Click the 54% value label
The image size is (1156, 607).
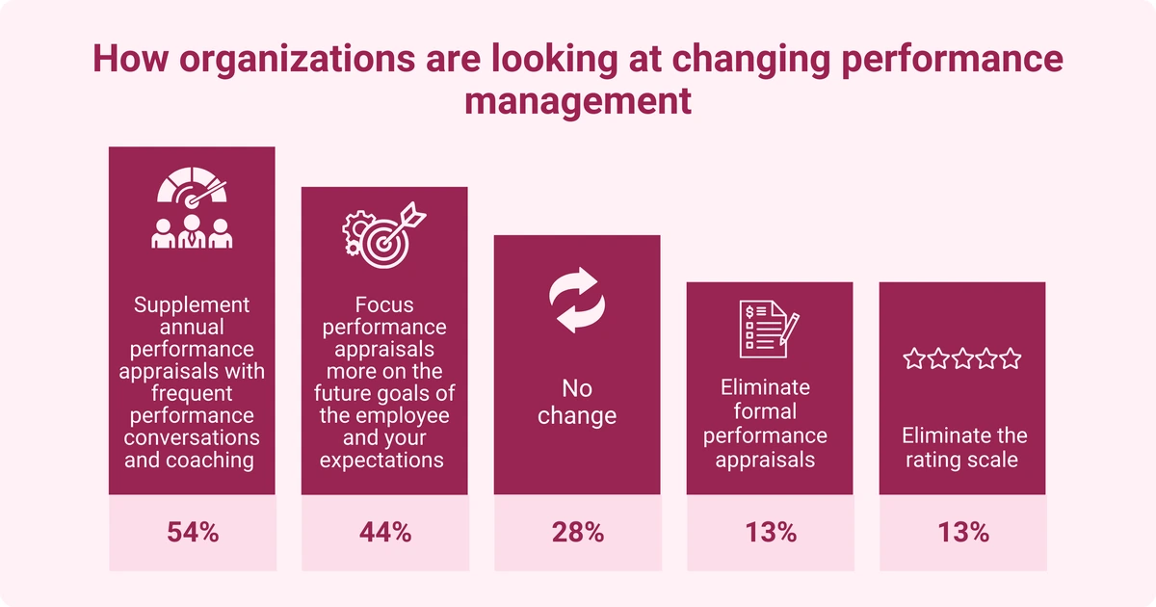pyautogui.click(x=192, y=532)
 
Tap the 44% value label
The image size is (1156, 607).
pyautogui.click(x=384, y=532)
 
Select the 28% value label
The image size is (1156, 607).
pyautogui.click(x=577, y=532)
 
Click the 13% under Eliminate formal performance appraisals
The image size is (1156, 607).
pyautogui.click(x=770, y=532)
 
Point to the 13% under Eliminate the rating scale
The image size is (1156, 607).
pyautogui.click(x=962, y=532)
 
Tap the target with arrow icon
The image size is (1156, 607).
pyautogui.click(x=384, y=231)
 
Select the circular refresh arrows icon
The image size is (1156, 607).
pyautogui.click(x=577, y=302)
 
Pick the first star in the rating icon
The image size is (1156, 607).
pyautogui.click(x=912, y=359)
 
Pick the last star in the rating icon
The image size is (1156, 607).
pyautogui.click(x=1011, y=359)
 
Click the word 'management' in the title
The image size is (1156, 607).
pyautogui.click(x=578, y=99)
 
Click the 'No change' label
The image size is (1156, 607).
pyautogui.click(x=577, y=403)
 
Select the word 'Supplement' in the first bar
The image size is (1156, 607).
pyautogui.click(x=192, y=304)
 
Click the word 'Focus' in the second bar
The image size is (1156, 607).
pyautogui.click(x=384, y=304)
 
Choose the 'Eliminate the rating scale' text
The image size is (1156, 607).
pyautogui.click(x=962, y=448)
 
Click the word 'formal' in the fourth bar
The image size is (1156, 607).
pyautogui.click(x=770, y=411)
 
